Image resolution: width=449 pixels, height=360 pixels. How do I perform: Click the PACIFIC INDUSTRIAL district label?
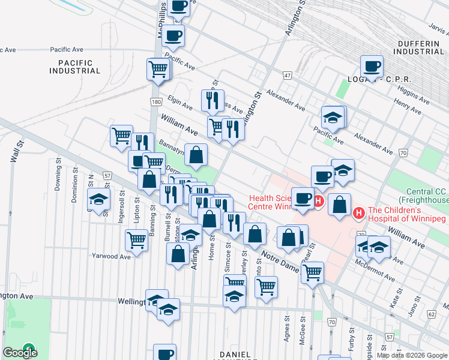[75, 67]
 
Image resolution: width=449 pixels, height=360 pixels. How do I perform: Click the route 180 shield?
[156, 103]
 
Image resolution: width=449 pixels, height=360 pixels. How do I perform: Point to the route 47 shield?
[288, 76]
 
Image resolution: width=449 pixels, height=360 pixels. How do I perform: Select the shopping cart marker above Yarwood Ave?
[136, 241]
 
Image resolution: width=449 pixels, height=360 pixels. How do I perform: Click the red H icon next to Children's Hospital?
[359, 212]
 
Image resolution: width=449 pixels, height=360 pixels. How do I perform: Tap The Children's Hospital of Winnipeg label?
[406, 214]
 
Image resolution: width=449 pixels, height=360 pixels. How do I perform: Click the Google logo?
[20, 352]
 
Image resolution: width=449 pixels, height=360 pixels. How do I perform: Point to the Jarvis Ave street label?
[437, 29]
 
